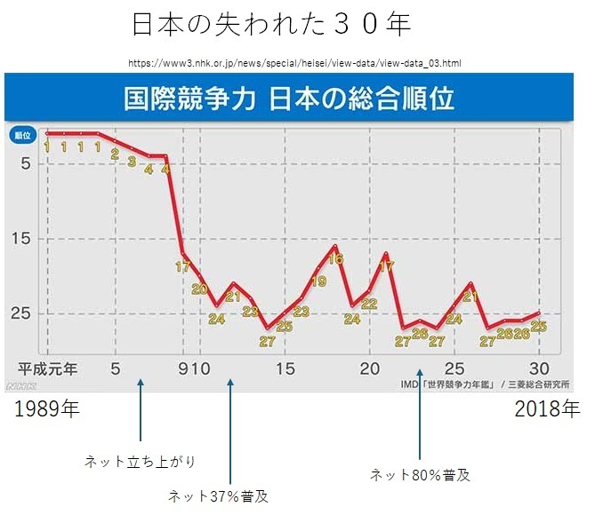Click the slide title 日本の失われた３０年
[271, 25]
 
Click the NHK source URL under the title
[294, 63]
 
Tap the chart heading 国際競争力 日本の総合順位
[289, 96]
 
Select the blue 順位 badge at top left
[23, 135]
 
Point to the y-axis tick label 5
[26, 163]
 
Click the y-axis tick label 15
[24, 238]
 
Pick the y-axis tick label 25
[24, 313]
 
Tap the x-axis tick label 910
[193, 368]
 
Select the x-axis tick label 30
[538, 368]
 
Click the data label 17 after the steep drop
[182, 266]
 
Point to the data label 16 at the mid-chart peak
[334, 259]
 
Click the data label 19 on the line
[318, 281]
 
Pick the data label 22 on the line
[369, 304]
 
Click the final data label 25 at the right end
[537, 327]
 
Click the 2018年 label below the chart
[546, 409]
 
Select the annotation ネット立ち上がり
[140, 462]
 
